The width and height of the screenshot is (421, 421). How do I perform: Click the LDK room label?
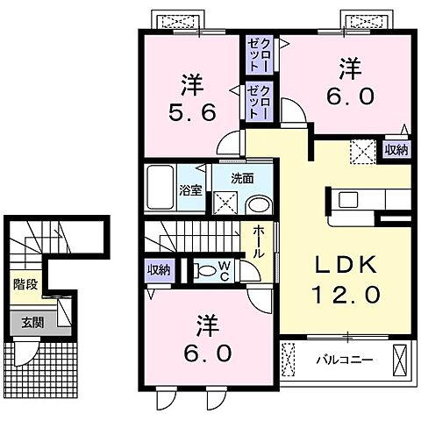(346, 265)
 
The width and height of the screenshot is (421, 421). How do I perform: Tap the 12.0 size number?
(346, 295)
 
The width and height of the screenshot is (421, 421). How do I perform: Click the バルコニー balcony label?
(339, 360)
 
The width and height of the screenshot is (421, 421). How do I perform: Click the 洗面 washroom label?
(243, 178)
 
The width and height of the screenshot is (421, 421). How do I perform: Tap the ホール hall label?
(260, 240)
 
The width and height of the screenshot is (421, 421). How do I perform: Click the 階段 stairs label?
(24, 284)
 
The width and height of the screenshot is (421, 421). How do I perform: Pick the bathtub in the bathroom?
(161, 186)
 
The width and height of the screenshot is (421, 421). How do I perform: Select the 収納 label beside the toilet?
(159, 269)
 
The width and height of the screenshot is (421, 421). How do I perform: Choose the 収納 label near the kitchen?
(396, 150)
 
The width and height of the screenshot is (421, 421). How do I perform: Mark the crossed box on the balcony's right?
(400, 360)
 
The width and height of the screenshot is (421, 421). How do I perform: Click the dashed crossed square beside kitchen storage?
(362, 151)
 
